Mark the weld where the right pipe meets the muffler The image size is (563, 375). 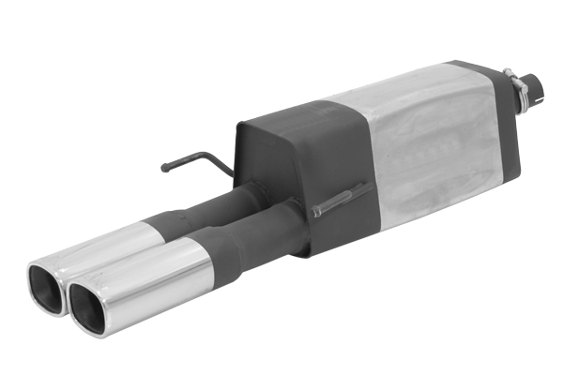300,225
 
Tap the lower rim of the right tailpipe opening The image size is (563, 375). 90,323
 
